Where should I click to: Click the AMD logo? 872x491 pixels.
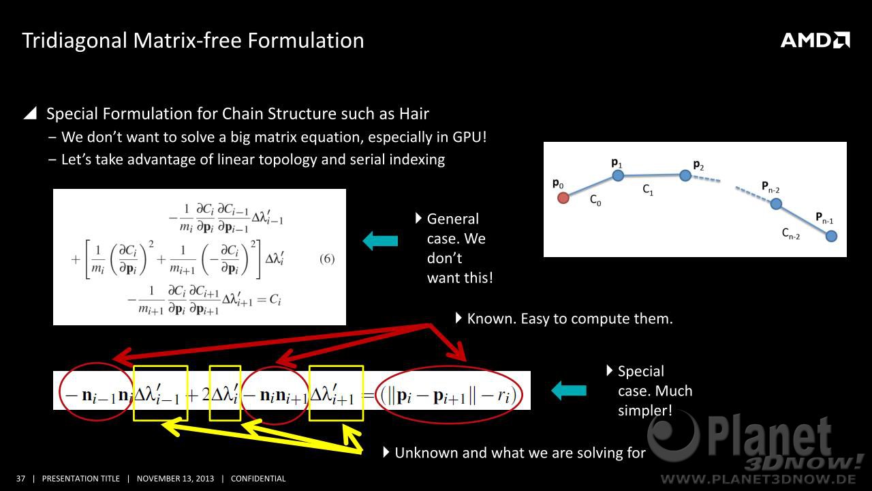coord(815,40)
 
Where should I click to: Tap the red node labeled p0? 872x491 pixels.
coord(563,198)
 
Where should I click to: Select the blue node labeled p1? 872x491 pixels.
coord(618,176)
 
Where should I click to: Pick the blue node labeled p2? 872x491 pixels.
coord(685,176)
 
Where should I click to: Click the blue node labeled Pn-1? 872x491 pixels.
coord(831,236)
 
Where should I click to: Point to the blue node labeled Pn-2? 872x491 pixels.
coord(776,204)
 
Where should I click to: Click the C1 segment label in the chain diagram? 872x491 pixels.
coord(648,190)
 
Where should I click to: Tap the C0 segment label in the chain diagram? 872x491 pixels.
coord(595,200)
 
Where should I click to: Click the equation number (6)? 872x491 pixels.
coord(327,259)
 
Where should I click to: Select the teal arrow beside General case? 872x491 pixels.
coord(380,241)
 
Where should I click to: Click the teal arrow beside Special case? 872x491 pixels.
coord(569,391)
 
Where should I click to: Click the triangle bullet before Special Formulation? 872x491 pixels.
coord(31,113)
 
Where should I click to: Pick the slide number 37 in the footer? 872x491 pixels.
coord(20,479)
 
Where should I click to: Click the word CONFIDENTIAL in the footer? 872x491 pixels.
coord(258,479)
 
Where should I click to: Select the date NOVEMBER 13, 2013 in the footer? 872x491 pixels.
coord(175,479)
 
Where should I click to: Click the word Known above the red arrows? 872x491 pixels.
coord(491,318)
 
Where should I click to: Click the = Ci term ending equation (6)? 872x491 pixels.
coord(269,299)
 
